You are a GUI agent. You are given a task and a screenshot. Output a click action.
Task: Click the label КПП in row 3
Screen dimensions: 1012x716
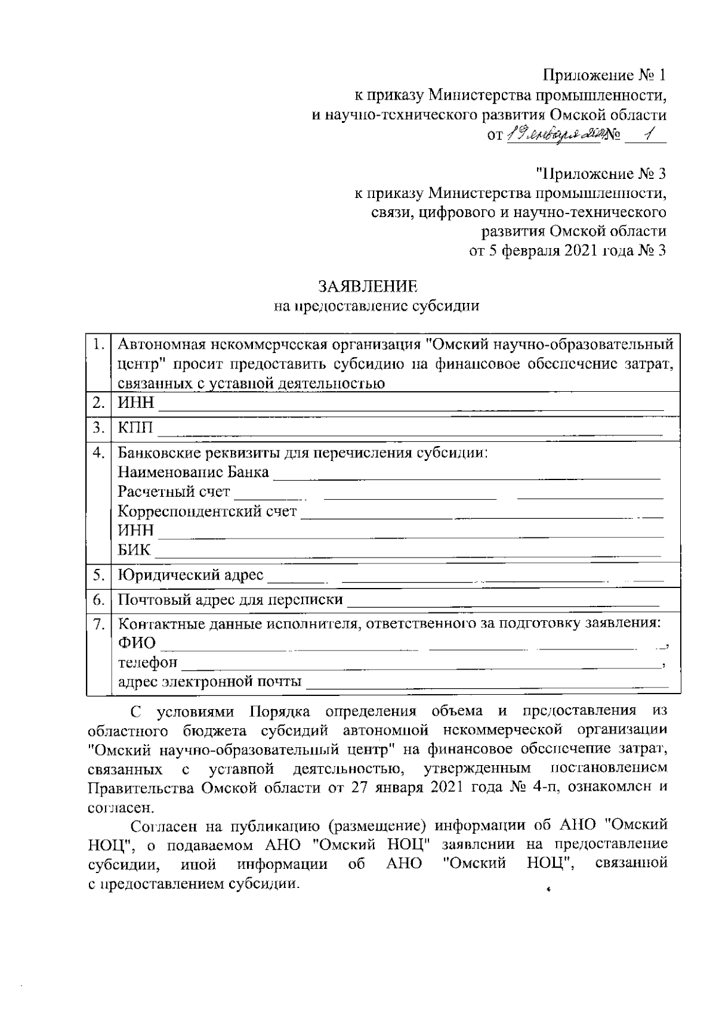135,428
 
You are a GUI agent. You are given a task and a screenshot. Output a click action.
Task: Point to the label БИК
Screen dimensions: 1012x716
134,550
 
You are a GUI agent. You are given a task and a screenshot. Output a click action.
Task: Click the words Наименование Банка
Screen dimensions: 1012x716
193,472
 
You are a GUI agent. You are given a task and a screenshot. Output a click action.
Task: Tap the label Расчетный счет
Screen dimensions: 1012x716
174,492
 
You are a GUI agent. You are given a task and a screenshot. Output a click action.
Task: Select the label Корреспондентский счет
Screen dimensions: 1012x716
207,511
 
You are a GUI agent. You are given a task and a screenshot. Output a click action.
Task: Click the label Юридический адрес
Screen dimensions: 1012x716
190,575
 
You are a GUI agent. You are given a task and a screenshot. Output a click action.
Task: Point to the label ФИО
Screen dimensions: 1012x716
137,643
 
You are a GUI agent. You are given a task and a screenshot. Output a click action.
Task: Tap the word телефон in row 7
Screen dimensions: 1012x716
147,662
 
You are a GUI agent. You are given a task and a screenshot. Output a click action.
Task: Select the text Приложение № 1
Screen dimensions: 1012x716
604,75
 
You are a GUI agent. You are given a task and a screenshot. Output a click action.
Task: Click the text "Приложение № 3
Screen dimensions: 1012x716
600,174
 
